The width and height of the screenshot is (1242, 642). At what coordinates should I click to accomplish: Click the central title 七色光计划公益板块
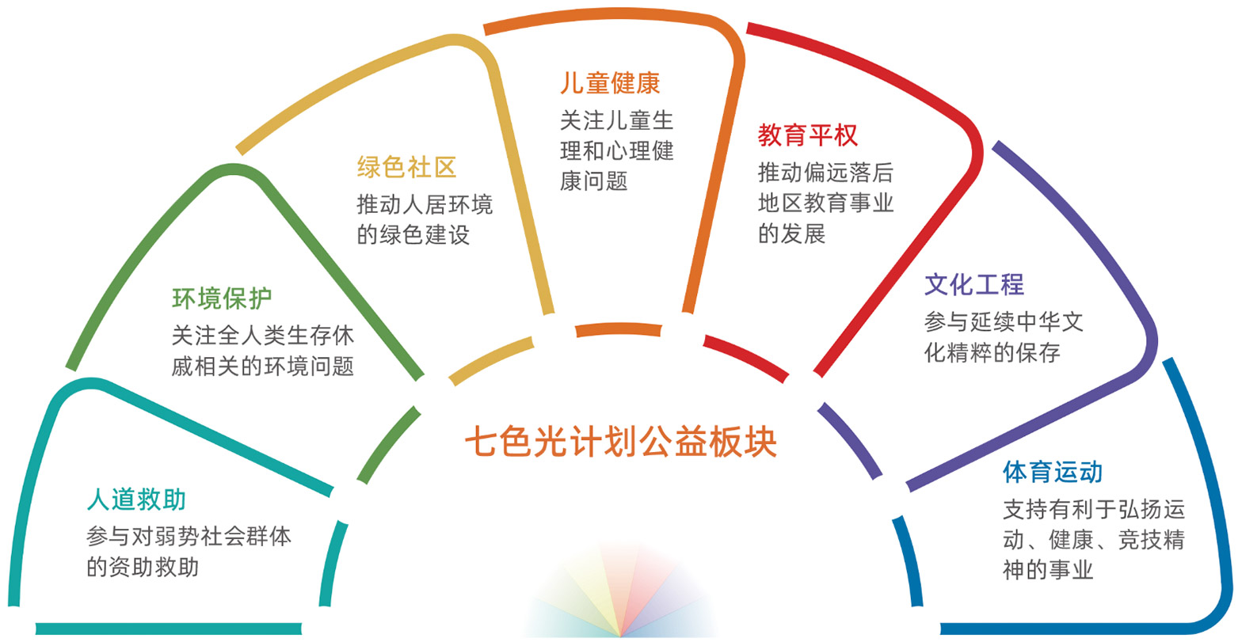point(620,443)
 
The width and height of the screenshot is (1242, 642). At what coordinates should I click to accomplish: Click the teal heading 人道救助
point(136,500)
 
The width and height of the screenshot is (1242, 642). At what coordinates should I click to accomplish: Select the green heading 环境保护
point(222,298)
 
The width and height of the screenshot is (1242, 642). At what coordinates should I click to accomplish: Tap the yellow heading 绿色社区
point(406,168)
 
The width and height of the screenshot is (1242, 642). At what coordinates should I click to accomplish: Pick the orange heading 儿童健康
point(610,83)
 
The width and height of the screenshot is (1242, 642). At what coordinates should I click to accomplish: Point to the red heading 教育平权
point(807,135)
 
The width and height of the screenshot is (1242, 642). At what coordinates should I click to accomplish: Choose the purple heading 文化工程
point(973,284)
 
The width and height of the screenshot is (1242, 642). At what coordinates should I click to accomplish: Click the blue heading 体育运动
point(1052,472)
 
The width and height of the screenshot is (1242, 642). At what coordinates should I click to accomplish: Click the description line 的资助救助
point(143,567)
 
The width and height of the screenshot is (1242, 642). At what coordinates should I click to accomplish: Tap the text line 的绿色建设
point(413,234)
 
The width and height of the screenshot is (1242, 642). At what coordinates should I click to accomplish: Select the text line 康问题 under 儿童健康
point(593,180)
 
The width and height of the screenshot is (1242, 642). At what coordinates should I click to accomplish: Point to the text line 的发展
point(791,234)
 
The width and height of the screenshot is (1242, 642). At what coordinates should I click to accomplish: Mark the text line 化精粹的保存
point(992,352)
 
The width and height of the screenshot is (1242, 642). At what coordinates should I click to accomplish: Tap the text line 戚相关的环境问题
point(262,367)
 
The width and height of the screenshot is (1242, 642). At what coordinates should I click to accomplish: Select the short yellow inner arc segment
point(491,360)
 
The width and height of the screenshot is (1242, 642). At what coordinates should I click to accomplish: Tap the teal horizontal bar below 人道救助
point(169,629)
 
